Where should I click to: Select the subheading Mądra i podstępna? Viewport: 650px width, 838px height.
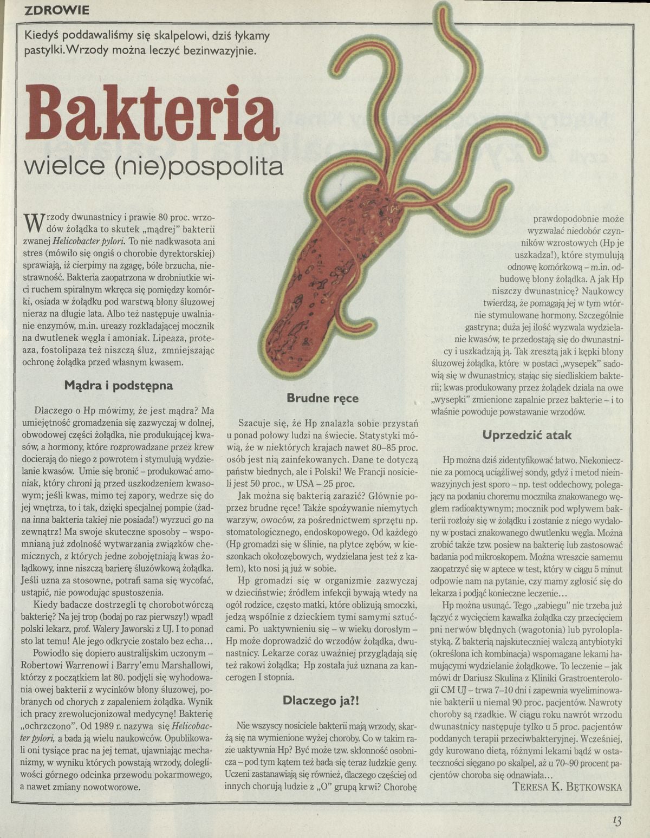point(119,386)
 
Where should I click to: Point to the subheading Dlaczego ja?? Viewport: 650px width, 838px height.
point(322,700)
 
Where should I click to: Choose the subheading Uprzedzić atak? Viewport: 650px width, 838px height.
point(527,434)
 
